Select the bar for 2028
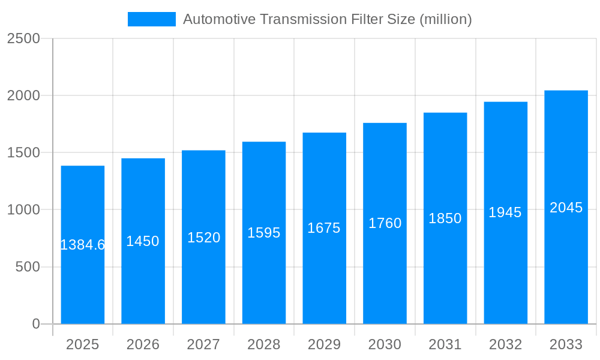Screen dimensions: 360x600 pos(264,270)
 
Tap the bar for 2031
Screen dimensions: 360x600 pos(445,270)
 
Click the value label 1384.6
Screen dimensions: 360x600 pos(83,245)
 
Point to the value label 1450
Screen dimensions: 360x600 pos(143,241)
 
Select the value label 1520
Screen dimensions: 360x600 pos(204,238)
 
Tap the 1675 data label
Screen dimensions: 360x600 pos(324,228)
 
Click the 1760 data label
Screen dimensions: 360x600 pos(385,223)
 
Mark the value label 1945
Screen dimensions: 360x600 pos(505,212)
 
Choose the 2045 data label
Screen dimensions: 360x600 pos(566,208)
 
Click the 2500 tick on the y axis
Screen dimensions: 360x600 pos(23,38)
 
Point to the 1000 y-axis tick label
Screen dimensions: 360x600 pos(23,210)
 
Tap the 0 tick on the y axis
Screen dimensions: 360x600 pos(35,324)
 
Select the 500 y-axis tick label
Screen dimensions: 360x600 pos(27,267)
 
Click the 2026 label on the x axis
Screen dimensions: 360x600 pos(143,344)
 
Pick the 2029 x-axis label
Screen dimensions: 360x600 pos(324,344)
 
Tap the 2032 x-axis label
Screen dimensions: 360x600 pos(505,344)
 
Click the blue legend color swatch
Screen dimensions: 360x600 pos(152,19)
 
